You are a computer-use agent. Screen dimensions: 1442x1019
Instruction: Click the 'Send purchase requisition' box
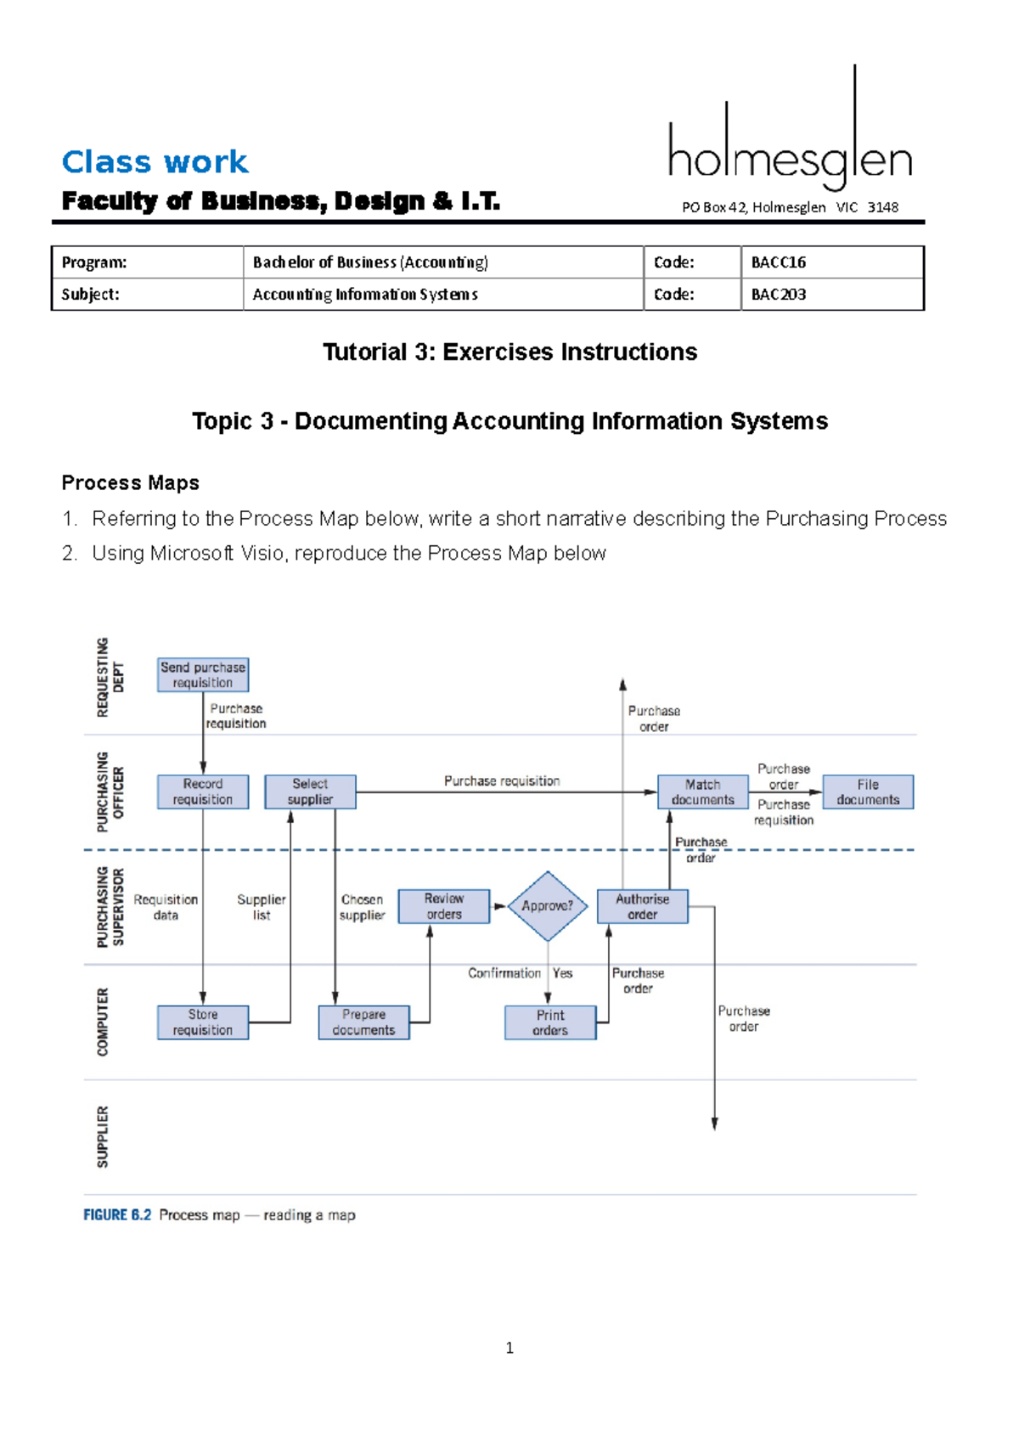[203, 675]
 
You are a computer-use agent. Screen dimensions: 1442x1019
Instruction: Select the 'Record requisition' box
[203, 791]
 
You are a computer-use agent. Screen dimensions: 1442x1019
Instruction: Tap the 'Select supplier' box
[310, 791]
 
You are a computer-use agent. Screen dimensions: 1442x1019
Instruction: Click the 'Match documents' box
[702, 791]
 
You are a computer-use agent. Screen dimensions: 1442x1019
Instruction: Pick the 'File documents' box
[868, 791]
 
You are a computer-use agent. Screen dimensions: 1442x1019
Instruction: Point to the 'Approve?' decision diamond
[548, 906]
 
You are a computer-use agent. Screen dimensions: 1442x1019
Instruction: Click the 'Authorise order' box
[642, 906]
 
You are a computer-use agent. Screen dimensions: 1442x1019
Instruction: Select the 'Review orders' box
[444, 906]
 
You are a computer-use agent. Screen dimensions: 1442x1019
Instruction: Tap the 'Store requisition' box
[203, 1022]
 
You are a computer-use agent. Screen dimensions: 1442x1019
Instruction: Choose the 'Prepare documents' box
[363, 1022]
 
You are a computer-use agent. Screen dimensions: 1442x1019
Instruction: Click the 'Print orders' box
[550, 1022]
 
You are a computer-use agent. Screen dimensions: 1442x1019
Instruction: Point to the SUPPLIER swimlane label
[103, 1136]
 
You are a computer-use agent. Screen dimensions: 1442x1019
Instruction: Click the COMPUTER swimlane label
[103, 1022]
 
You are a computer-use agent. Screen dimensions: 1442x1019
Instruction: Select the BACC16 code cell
[832, 262]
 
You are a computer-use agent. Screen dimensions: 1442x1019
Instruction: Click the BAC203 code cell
[832, 295]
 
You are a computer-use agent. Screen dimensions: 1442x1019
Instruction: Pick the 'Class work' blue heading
[155, 161]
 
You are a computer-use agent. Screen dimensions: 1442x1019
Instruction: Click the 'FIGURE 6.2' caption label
[117, 1215]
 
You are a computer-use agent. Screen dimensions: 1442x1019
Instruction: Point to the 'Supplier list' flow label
[262, 907]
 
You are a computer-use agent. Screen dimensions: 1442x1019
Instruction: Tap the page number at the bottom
[509, 1348]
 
